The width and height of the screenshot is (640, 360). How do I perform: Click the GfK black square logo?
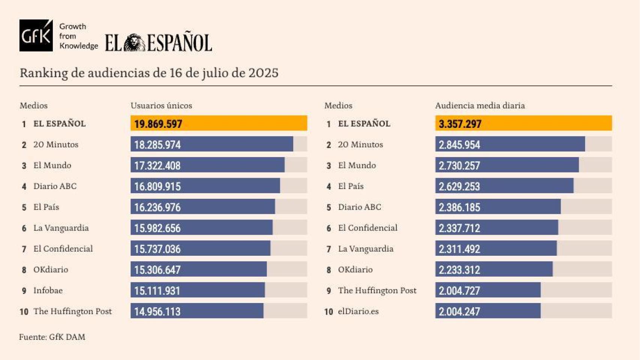pyautogui.click(x=36, y=36)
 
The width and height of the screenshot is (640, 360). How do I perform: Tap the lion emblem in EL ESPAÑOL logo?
pyautogui.click(x=134, y=43)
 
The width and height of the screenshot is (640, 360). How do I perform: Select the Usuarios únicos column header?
pyautogui.click(x=161, y=106)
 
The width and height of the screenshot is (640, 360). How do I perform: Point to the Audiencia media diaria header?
pyautogui.click(x=480, y=106)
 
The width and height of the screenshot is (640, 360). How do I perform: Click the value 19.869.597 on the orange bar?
pyautogui.click(x=158, y=124)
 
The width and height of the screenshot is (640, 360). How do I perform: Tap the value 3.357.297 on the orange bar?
pyautogui.click(x=460, y=124)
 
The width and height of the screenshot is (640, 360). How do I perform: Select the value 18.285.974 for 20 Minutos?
pyautogui.click(x=157, y=145)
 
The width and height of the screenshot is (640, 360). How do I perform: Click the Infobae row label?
pyautogui.click(x=48, y=291)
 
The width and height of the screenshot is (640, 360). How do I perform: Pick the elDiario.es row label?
pyautogui.click(x=358, y=312)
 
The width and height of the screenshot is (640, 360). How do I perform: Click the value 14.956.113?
pyautogui.click(x=157, y=312)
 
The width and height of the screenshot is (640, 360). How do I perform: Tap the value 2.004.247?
pyautogui.click(x=459, y=312)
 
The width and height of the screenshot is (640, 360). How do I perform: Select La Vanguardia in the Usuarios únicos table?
pyautogui.click(x=61, y=228)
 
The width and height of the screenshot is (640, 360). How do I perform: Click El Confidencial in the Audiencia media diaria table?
pyautogui.click(x=368, y=228)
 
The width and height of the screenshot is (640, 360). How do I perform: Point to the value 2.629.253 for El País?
pyautogui.click(x=459, y=186)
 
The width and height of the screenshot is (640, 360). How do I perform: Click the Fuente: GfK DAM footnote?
pyautogui.click(x=52, y=337)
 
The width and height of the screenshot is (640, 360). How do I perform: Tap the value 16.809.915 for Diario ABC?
pyautogui.click(x=157, y=186)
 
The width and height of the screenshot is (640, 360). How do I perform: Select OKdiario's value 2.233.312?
pyautogui.click(x=459, y=270)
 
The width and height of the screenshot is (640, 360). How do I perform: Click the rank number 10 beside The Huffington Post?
pyautogui.click(x=24, y=312)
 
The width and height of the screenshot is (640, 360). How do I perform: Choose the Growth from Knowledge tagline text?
pyautogui.click(x=78, y=36)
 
